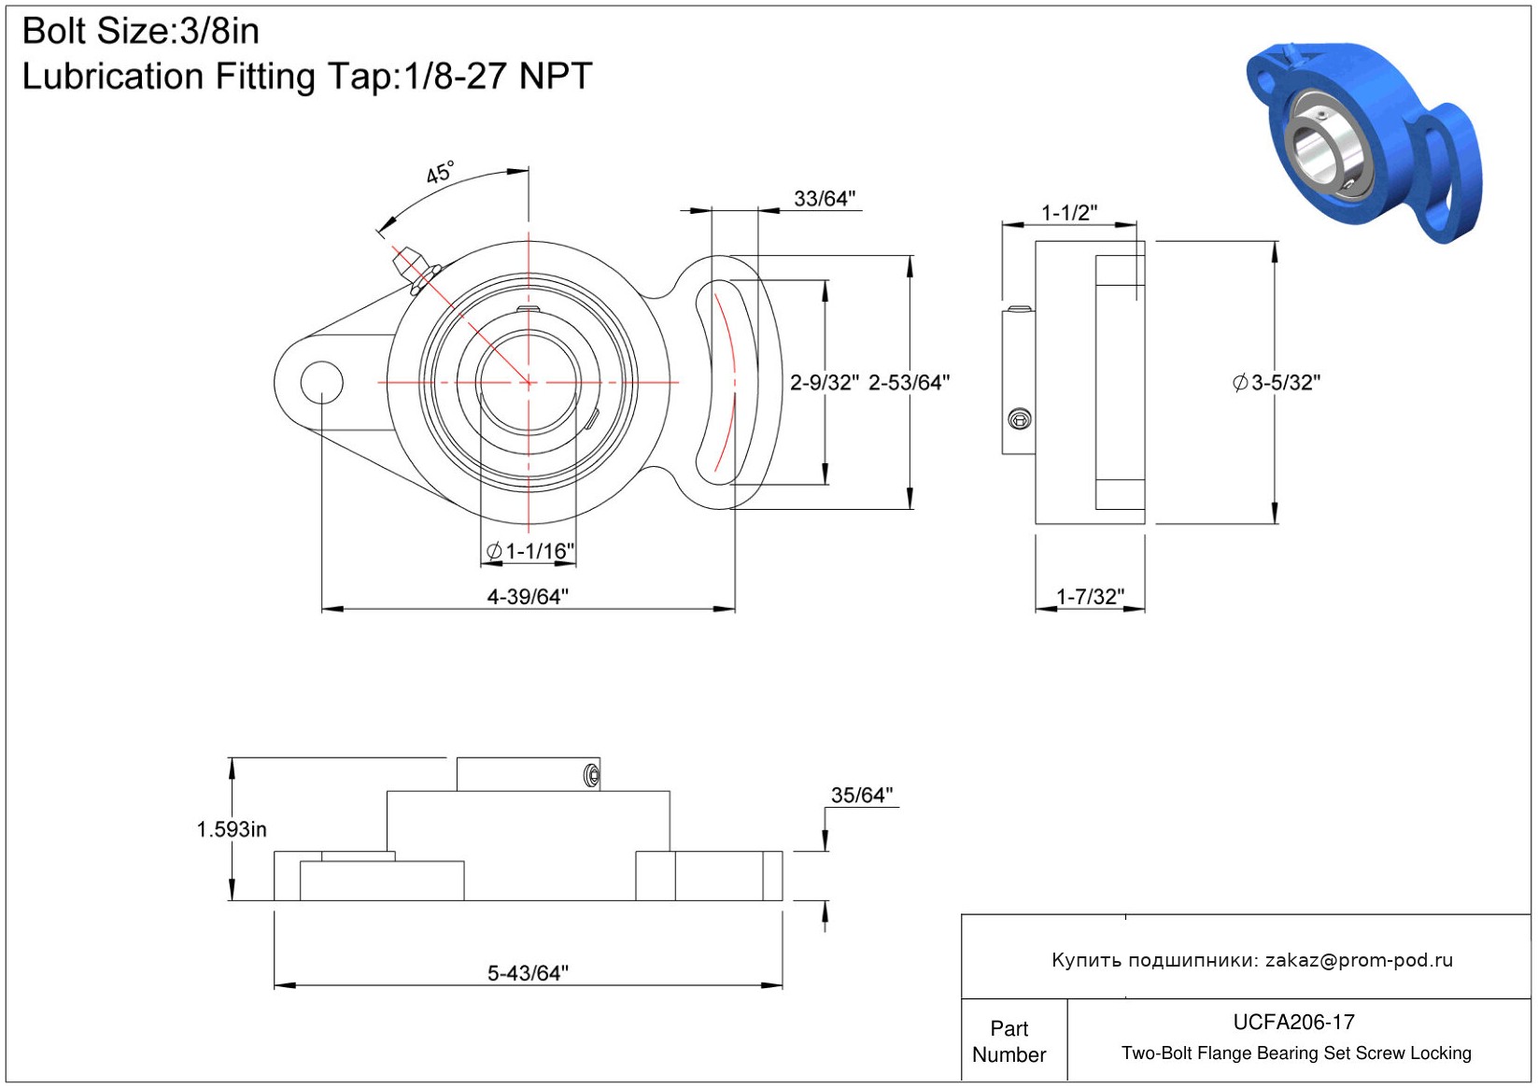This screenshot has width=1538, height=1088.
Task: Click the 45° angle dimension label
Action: point(440,172)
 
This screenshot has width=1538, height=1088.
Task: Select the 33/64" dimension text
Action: point(825,199)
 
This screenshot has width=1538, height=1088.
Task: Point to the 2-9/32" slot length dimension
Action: point(824,383)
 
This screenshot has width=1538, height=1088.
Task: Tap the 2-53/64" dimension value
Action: point(909,383)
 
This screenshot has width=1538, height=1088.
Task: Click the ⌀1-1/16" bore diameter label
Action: point(530,551)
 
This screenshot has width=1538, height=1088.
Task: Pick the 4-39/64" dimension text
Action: point(528,596)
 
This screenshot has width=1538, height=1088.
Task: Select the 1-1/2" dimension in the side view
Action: point(1069,213)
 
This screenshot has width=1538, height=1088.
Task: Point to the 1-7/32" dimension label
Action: point(1091,596)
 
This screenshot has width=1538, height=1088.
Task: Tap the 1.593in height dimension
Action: point(232,829)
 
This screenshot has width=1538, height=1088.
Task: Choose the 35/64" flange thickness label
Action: point(862,795)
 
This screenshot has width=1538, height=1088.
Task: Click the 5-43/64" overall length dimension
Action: point(528,972)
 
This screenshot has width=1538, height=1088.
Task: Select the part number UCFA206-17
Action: point(1293,1022)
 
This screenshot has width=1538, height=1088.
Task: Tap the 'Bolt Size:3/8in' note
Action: point(141,31)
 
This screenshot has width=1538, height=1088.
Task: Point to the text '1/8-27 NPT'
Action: point(498,76)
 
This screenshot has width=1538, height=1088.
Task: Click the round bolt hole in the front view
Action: point(321,383)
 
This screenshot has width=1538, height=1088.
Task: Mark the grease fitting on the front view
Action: point(416,270)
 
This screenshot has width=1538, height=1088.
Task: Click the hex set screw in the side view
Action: point(1020,418)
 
